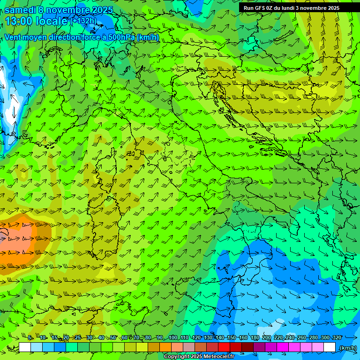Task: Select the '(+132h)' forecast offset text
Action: (84, 21)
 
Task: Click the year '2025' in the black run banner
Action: (331, 8)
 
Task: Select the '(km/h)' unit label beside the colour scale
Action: (347, 348)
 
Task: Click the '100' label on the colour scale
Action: (173, 337)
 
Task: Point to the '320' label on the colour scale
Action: (337, 337)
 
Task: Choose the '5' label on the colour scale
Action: (30, 337)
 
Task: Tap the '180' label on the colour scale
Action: (255, 337)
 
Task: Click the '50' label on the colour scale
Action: (113, 337)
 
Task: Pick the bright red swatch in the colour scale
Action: (224, 347)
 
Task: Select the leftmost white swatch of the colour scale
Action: (25, 347)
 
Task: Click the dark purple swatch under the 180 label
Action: (259, 347)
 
